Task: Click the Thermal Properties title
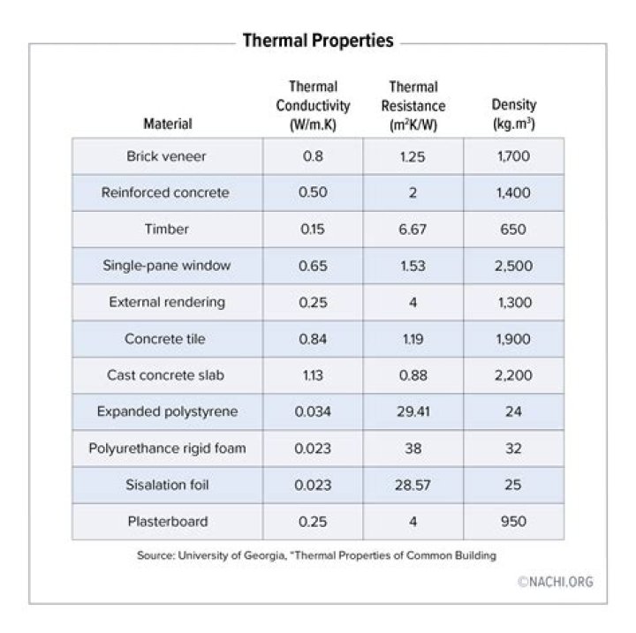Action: (318, 41)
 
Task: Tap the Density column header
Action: (513, 115)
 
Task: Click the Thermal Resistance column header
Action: (413, 106)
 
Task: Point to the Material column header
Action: (167, 124)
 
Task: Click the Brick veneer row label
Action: (167, 156)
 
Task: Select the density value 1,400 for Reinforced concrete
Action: (513, 192)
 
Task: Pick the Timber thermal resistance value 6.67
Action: (413, 230)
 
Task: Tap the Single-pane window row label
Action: (167, 266)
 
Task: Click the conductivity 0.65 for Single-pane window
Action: (313, 266)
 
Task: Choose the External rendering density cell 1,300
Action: (513, 302)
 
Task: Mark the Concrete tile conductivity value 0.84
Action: (313, 339)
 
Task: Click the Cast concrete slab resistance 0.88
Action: (413, 375)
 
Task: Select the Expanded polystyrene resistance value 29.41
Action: (413, 411)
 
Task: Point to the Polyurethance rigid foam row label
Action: (167, 448)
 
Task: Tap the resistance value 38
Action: (413, 448)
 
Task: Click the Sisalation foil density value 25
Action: (513, 485)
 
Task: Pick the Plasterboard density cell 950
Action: (513, 521)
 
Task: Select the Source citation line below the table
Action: (317, 556)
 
